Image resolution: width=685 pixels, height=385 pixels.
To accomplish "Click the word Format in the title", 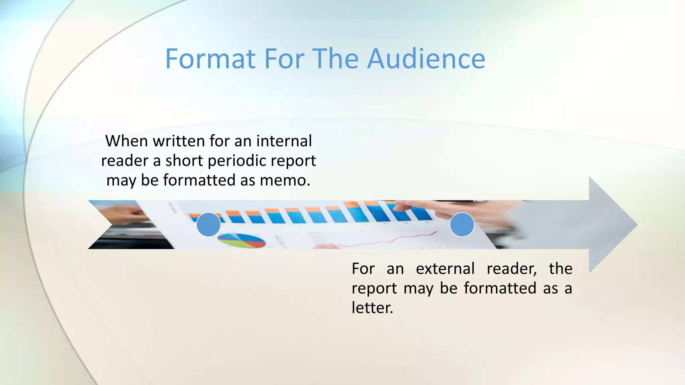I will tap(210, 59).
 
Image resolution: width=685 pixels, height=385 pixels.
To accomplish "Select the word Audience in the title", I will tap(426, 59).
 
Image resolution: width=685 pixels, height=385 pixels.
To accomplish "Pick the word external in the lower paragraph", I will tap(445, 269).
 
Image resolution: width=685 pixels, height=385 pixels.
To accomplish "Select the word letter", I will tap(372, 308).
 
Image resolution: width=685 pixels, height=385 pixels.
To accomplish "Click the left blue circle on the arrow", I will tap(208, 225).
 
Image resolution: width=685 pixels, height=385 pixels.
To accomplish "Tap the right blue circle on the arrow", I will tap(462, 225).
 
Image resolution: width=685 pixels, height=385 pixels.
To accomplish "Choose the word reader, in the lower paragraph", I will tap(512, 269).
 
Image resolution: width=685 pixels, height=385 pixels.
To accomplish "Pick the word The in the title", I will tap(336, 59).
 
